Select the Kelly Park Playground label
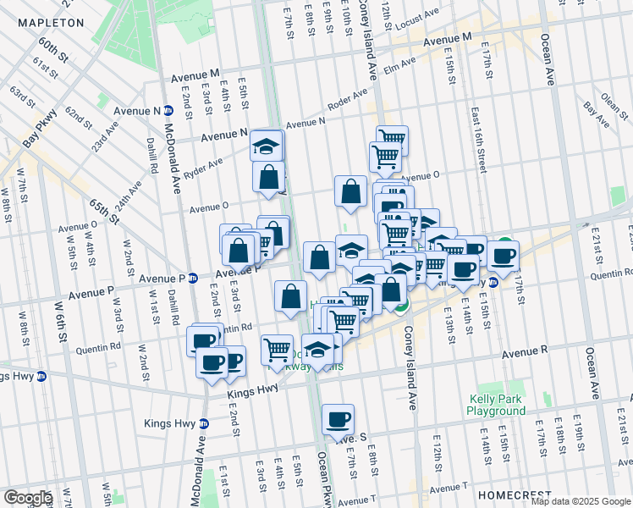pos(496,405)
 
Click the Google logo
pos(28,498)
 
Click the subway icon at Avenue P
pos(193,278)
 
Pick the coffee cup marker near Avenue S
pos(338,418)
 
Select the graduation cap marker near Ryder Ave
pos(267,146)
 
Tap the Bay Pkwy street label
pos(41,128)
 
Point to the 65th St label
pos(104,215)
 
